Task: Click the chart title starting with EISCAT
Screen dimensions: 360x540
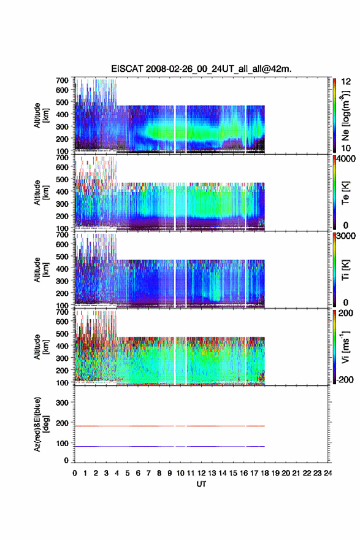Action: tap(201, 69)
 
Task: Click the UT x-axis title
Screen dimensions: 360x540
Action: tap(201, 484)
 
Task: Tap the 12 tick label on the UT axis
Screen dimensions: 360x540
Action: tap(201, 473)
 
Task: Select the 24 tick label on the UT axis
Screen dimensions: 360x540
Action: tap(327, 473)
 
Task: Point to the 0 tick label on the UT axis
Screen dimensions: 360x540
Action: tap(75, 473)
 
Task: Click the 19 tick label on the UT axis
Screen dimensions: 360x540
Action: tap(275, 473)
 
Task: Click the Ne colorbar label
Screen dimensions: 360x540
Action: tap(345, 115)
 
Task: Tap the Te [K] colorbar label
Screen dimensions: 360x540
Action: tap(345, 193)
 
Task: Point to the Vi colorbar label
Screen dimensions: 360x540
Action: tap(345, 347)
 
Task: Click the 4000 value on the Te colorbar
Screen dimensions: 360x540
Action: tap(346, 159)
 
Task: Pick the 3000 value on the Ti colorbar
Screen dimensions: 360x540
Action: tap(346, 236)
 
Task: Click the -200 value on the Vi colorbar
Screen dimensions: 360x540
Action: tap(345, 380)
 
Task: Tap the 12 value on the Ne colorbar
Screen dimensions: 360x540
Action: tap(346, 82)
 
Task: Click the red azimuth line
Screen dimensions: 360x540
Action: tap(170, 426)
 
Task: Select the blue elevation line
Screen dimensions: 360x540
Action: tap(170, 446)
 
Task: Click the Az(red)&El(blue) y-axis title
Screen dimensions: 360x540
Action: tap(40, 424)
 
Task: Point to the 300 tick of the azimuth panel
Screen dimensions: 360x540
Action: tap(63, 403)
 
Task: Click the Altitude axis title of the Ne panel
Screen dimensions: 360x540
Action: tap(40, 115)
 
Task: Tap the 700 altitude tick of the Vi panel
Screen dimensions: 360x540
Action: tap(63, 312)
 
